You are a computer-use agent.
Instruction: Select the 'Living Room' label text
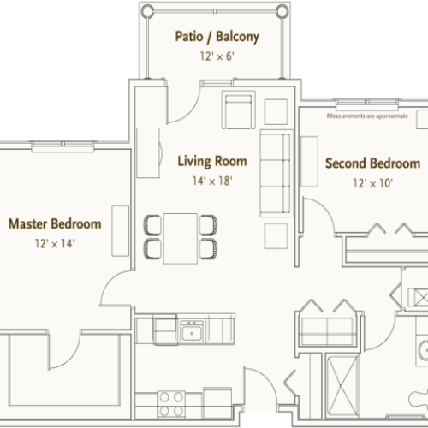[x=212, y=161]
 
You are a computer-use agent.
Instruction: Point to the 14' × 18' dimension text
[x=212, y=181]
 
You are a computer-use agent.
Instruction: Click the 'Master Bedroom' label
[x=55, y=224]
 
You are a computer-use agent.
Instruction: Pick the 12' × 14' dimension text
[x=55, y=244]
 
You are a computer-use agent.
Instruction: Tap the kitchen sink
[x=191, y=330]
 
